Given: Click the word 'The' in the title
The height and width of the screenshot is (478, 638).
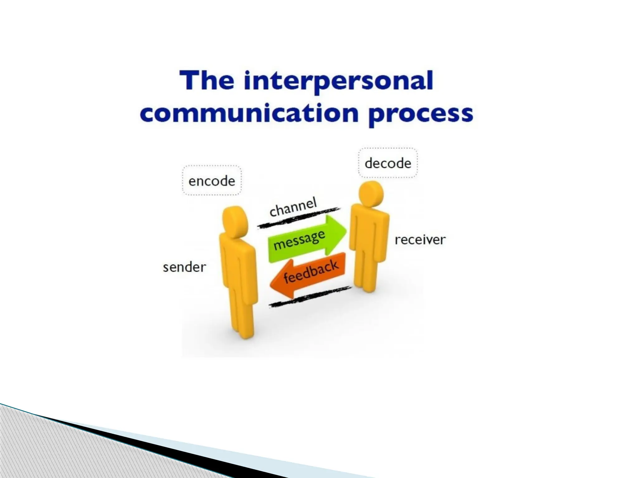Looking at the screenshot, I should pyautogui.click(x=207, y=81).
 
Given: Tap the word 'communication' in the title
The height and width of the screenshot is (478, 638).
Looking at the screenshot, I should pyautogui.click(x=249, y=114).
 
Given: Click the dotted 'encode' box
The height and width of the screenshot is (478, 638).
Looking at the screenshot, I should pyautogui.click(x=212, y=180).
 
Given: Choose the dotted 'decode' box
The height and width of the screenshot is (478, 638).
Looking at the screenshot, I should pyautogui.click(x=388, y=163).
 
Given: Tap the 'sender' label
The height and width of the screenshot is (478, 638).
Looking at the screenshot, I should pyautogui.click(x=184, y=267).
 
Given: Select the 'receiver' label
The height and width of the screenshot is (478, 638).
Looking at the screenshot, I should pyautogui.click(x=420, y=240).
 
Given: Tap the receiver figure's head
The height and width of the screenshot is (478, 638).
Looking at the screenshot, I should pyautogui.click(x=371, y=194).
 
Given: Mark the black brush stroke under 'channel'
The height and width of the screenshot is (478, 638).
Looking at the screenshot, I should pyautogui.click(x=299, y=218).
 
